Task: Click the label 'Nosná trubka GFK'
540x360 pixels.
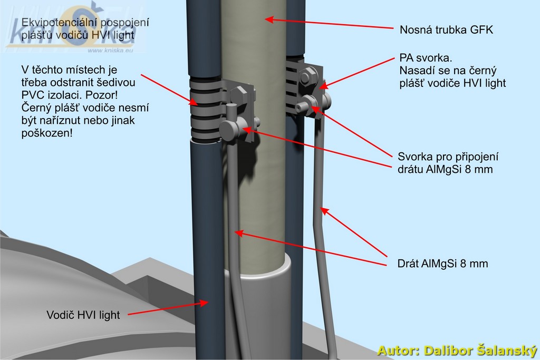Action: (446, 30)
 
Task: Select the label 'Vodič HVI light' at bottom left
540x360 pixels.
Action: (83, 315)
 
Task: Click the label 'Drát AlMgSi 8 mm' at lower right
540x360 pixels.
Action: (442, 264)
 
